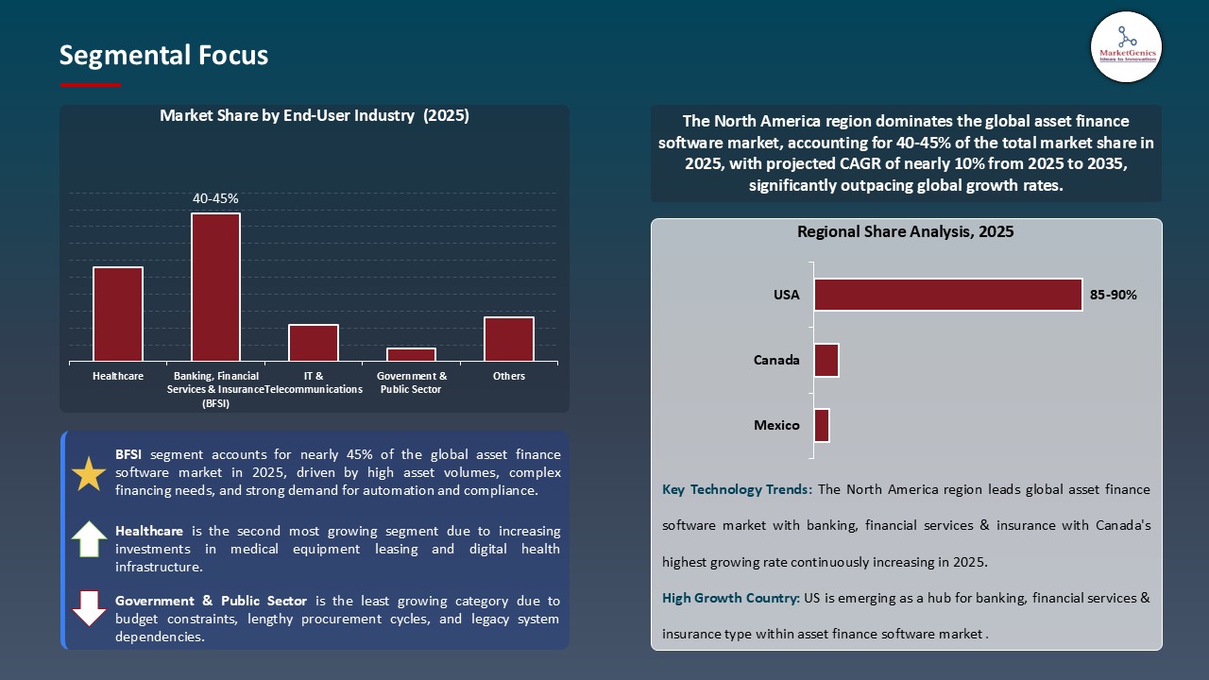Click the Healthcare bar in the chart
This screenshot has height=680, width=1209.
click(x=118, y=314)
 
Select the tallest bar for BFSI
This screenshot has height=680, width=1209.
click(x=215, y=287)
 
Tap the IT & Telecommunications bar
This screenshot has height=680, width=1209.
click(x=314, y=343)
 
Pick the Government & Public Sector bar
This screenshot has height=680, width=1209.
click(x=411, y=354)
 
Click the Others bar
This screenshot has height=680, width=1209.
click(x=509, y=339)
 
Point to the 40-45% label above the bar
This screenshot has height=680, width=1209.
click(x=215, y=199)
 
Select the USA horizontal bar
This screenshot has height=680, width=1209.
click(x=947, y=295)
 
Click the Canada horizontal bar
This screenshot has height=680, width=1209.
click(x=826, y=360)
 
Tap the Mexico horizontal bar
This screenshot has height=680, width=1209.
click(x=822, y=425)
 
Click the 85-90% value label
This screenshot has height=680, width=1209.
click(x=1114, y=295)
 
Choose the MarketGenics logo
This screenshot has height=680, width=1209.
click(x=1126, y=46)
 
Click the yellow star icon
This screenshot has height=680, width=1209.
click(x=89, y=473)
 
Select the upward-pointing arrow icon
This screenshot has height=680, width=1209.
click(x=89, y=539)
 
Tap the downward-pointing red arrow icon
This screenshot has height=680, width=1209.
click(x=89, y=609)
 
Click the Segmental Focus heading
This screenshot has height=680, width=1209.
click(x=163, y=56)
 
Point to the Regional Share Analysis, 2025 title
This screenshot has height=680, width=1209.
click(x=905, y=231)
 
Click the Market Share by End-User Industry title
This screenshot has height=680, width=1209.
click(x=315, y=116)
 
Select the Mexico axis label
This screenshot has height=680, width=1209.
click(x=776, y=425)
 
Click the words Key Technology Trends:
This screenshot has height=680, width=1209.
click(x=737, y=489)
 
